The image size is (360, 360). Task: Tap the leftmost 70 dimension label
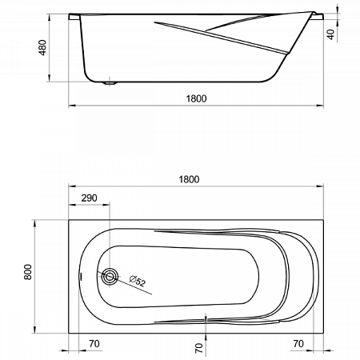click(x=94, y=344)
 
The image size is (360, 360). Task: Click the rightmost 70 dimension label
click(x=298, y=344)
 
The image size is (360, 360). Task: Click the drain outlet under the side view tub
click(x=111, y=82)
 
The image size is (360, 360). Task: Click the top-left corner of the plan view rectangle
click(x=67, y=218)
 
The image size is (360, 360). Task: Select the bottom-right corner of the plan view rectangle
click(x=323, y=330)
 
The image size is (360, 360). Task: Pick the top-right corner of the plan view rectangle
click(x=323, y=218)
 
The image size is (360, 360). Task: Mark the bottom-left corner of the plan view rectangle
click(x=67, y=330)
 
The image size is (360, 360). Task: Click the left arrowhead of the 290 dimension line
click(x=70, y=206)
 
